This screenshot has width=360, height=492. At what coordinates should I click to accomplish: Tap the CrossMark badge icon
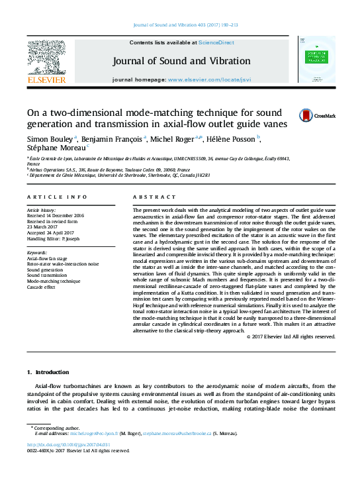pyautogui.click(x=306, y=115)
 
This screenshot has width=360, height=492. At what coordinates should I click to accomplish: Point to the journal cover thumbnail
pyautogui.click(x=316, y=59)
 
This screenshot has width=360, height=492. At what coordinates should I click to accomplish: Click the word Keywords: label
pyautogui.click(x=37, y=253)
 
